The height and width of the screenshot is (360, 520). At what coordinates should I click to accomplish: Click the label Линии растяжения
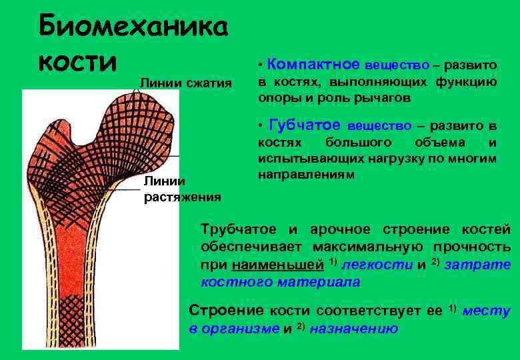(182, 189)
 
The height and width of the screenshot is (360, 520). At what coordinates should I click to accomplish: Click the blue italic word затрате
(477, 265)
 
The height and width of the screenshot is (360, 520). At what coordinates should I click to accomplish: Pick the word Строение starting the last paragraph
(227, 311)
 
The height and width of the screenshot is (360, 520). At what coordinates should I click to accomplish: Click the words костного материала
(280, 282)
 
